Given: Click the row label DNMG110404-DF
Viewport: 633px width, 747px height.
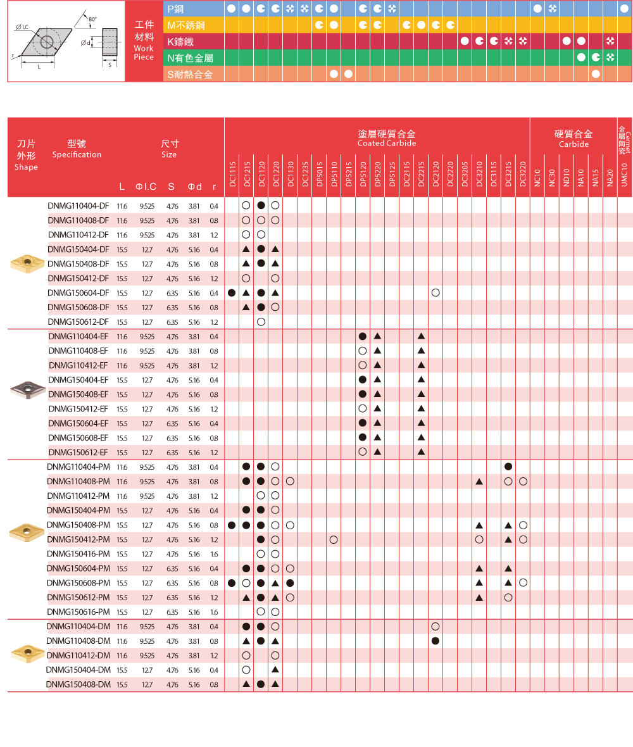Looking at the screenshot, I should click(78, 206).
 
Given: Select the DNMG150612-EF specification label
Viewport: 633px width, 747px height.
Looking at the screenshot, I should click(78, 452).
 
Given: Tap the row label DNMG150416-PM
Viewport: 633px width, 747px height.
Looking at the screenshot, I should click(78, 554).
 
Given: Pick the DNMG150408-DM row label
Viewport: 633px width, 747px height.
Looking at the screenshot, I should click(78, 684).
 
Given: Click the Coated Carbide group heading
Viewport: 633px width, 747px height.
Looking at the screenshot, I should click(386, 143).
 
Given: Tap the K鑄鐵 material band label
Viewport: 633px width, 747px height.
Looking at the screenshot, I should click(180, 41).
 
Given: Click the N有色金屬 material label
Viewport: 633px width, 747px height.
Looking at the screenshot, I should click(190, 58).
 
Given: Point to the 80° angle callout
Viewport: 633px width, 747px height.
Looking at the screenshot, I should click(92, 19).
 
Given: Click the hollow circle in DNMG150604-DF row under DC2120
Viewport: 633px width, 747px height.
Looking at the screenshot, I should click(436, 292).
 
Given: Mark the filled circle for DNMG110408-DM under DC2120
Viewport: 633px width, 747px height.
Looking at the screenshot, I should click(436, 641).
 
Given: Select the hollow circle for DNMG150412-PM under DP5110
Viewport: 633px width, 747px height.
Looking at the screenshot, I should click(334, 539).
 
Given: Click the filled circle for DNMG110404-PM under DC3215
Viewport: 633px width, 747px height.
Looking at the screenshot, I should click(508, 467).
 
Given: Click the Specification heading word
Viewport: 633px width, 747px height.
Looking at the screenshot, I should click(77, 154).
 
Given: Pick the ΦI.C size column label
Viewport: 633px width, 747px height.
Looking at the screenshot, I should click(146, 187).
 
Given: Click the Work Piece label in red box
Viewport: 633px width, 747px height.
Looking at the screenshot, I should click(144, 53).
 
